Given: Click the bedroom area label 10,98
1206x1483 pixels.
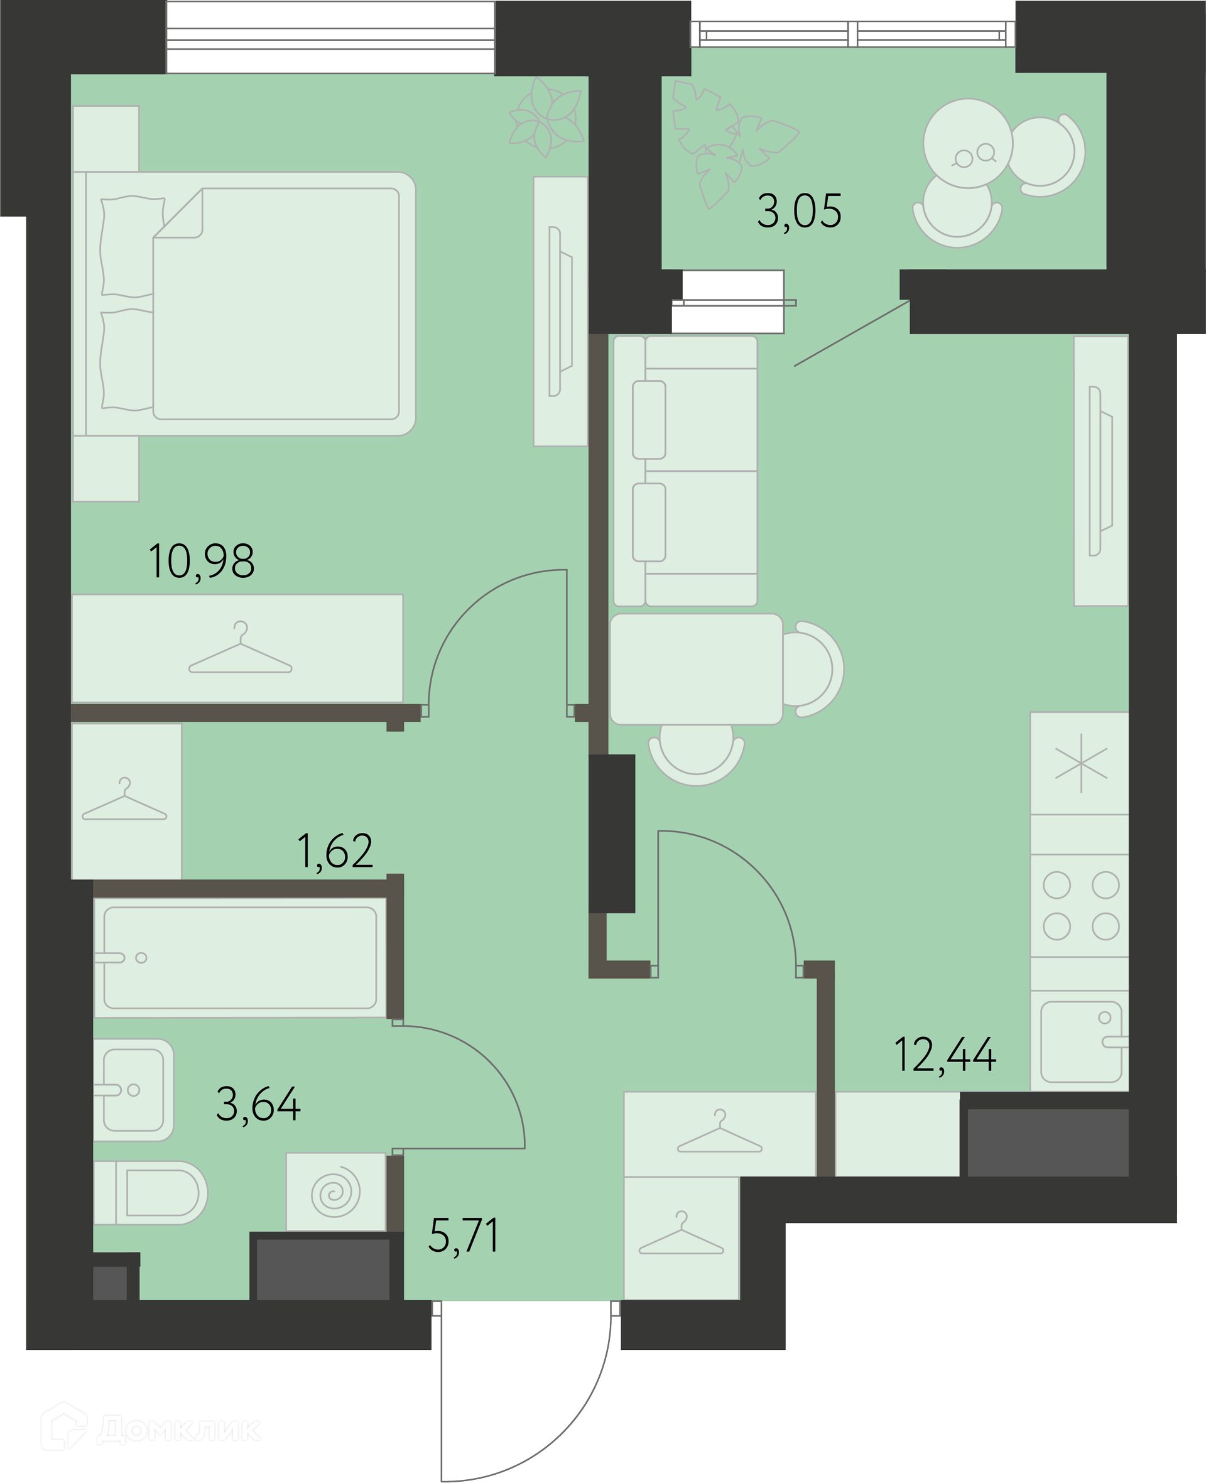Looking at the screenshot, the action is click(202, 562).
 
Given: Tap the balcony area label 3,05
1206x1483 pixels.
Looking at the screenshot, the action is click(799, 210).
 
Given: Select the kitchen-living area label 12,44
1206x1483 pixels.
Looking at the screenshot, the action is click(945, 1055).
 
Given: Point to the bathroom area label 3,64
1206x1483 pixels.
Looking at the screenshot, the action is click(258, 1103).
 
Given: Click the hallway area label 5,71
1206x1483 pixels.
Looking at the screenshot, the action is click(464, 1235).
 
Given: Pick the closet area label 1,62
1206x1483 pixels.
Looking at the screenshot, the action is click(335, 850).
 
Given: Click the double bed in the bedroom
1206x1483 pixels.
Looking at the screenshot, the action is click(244, 303).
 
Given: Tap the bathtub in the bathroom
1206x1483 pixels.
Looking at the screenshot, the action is click(241, 957).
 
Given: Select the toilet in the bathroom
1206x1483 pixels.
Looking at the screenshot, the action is click(151, 1192).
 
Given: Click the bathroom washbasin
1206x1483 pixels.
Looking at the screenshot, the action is click(133, 1089).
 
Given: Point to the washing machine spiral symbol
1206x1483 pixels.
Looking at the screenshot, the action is click(336, 1193).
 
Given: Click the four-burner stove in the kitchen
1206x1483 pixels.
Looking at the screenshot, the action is click(1080, 905).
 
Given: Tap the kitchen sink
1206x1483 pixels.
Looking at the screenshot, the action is click(1081, 1041).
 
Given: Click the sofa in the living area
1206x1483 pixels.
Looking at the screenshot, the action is click(686, 471).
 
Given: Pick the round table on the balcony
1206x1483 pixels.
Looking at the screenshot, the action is click(968, 143).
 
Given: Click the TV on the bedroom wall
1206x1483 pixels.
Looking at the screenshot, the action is click(560, 311).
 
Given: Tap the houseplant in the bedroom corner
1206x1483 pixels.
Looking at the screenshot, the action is click(546, 117).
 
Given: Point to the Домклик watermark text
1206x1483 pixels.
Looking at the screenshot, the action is click(178, 1430).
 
